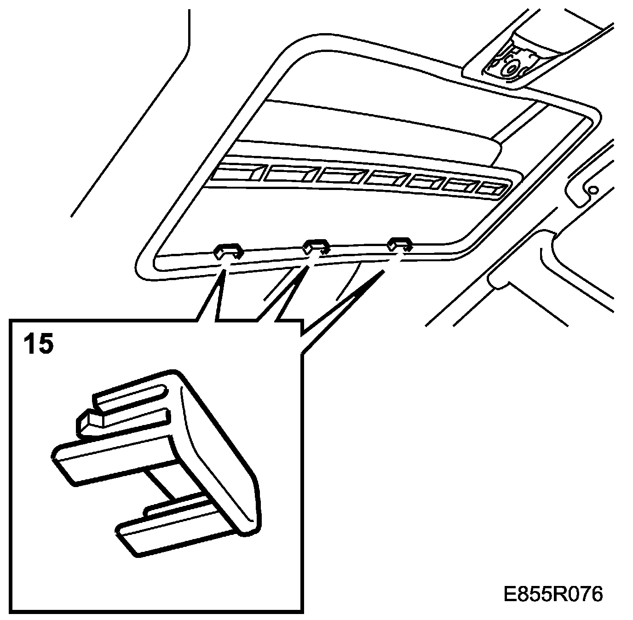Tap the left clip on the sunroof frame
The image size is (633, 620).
pos(228,251)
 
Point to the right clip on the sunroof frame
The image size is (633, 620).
pos(399,244)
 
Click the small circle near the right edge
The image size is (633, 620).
pos(593,189)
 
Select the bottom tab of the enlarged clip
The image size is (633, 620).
pos(175,529)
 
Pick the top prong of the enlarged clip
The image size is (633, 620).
pos(129,396)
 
